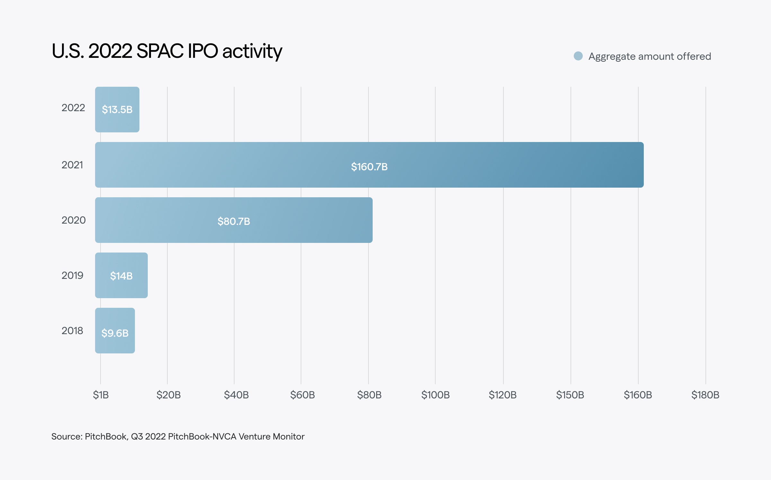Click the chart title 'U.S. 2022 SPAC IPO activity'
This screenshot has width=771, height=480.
click(x=167, y=51)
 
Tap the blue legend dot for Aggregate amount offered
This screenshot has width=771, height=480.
click(x=578, y=56)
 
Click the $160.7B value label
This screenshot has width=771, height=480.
click(x=369, y=167)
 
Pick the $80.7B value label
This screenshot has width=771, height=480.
click(x=234, y=221)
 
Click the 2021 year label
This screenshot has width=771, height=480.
click(x=72, y=165)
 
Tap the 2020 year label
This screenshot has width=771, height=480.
click(x=74, y=220)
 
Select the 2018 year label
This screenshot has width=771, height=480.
click(x=72, y=331)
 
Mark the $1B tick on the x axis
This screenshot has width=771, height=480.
click(x=101, y=395)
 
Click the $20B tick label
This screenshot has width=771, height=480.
click(x=168, y=395)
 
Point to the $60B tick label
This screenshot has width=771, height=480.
click(x=302, y=395)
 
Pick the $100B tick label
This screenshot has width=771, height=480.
click(x=435, y=395)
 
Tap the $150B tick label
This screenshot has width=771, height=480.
click(x=570, y=395)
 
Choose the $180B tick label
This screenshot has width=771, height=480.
click(x=705, y=395)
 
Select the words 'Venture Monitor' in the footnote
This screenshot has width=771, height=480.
click(x=271, y=437)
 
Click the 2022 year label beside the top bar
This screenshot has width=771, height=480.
click(x=73, y=108)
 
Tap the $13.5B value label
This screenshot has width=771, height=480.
click(x=117, y=110)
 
